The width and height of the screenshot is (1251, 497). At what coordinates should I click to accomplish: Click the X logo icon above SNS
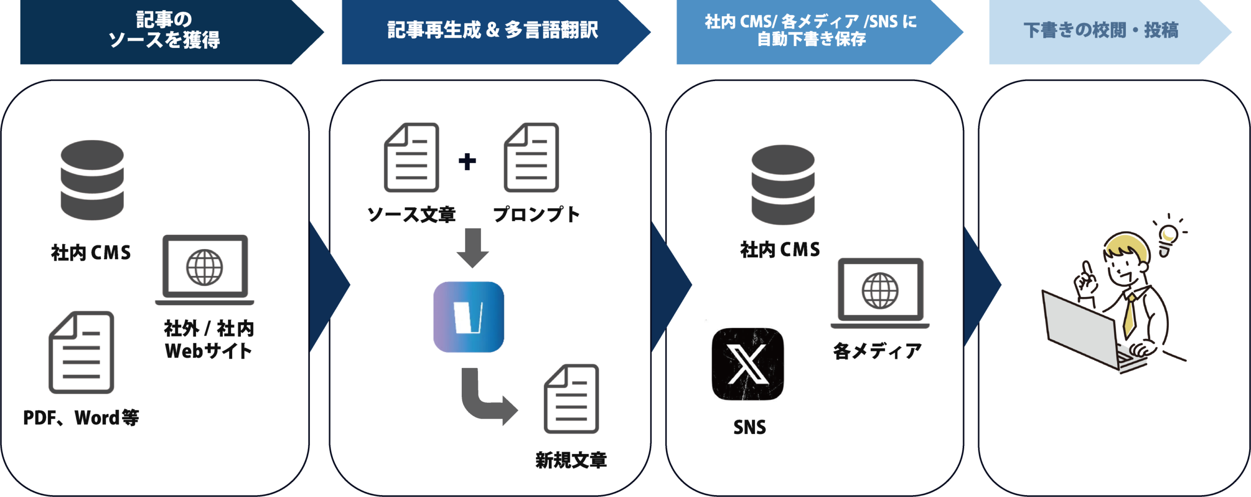(747, 364)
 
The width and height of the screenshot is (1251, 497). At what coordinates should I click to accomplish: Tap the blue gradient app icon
(469, 317)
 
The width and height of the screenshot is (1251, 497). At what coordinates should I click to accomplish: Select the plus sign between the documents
(467, 161)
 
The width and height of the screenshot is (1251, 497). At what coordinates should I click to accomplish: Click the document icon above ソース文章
(411, 158)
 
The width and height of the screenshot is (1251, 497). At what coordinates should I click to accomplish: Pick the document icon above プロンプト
(531, 158)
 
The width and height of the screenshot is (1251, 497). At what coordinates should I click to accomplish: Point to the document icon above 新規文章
(571, 399)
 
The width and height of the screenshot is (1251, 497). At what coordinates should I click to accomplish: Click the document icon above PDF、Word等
(82, 352)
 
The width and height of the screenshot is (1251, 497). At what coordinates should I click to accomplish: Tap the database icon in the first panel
(92, 180)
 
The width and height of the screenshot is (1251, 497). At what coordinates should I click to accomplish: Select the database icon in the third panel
(783, 184)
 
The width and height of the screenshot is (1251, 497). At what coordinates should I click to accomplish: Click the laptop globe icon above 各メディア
(880, 293)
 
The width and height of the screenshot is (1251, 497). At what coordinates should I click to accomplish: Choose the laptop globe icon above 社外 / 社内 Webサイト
(205, 269)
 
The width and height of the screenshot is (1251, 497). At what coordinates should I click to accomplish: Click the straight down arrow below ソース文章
(473, 248)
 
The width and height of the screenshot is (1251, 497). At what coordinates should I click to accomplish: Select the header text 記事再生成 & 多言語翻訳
(493, 30)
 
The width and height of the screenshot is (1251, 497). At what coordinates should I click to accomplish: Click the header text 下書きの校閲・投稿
(1101, 30)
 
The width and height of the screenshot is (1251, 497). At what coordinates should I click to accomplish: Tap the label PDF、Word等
(81, 418)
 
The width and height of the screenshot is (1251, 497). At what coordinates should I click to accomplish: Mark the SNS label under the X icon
(750, 428)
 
